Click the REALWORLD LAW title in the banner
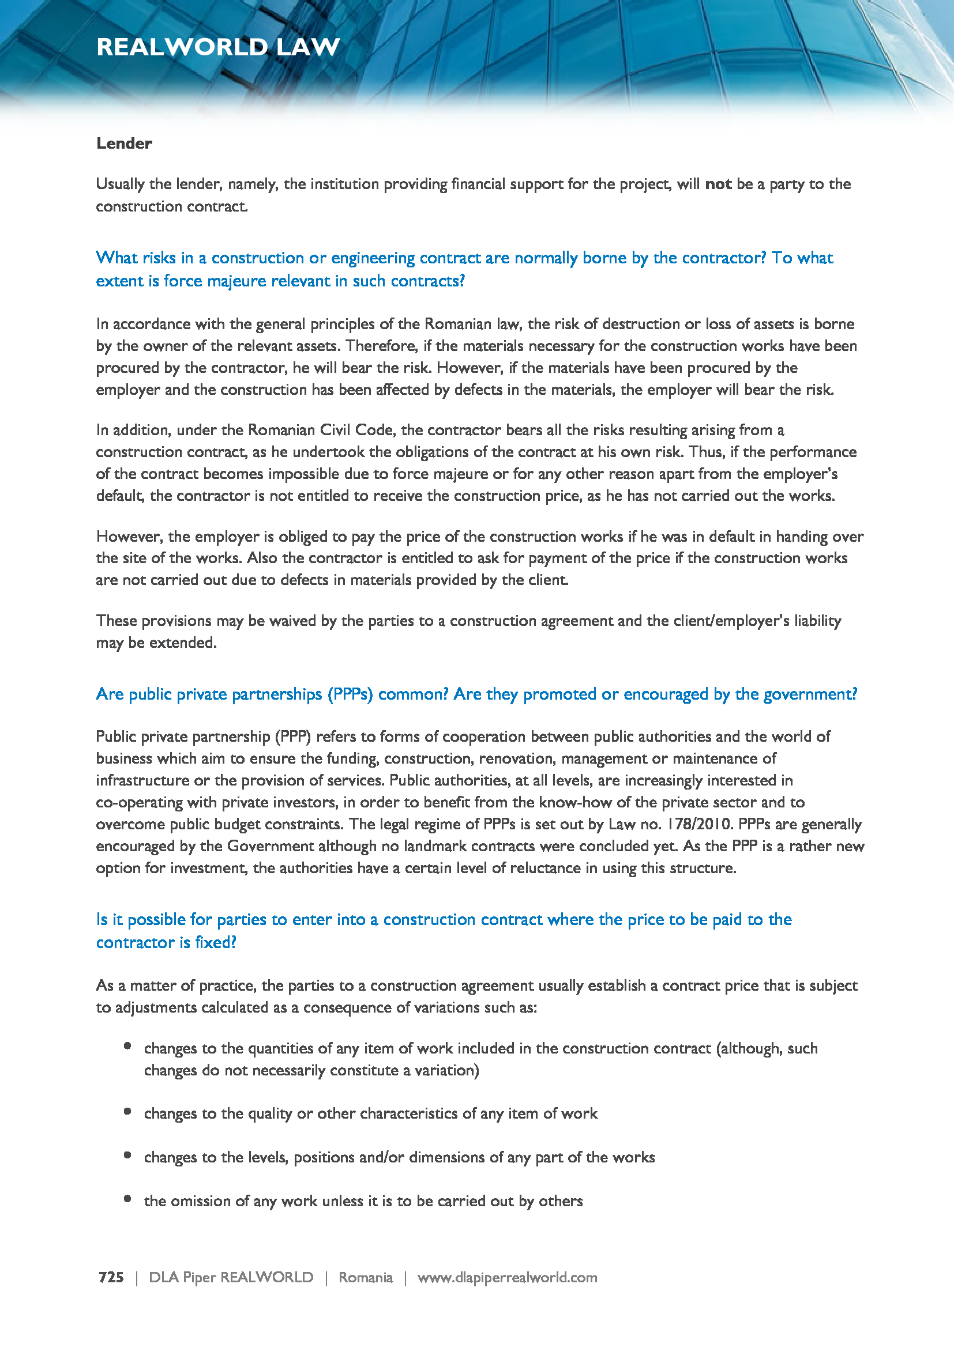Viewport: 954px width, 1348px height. click(x=218, y=47)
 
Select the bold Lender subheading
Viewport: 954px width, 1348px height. click(x=124, y=144)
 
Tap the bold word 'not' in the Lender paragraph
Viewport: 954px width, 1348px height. click(x=718, y=184)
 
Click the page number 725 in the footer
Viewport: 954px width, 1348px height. click(x=111, y=1277)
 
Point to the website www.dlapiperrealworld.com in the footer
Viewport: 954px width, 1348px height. click(x=507, y=1277)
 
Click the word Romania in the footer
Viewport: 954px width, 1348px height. click(x=365, y=1277)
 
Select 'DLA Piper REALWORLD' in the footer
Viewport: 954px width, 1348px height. click(x=231, y=1277)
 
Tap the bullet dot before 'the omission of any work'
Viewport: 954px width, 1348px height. click(x=127, y=1199)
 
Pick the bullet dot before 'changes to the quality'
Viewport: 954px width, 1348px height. click(x=127, y=1111)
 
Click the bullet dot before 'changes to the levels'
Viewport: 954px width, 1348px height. click(x=127, y=1156)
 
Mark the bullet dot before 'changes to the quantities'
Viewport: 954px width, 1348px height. click(x=127, y=1045)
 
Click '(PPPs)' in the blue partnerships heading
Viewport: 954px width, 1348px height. click(x=350, y=694)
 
